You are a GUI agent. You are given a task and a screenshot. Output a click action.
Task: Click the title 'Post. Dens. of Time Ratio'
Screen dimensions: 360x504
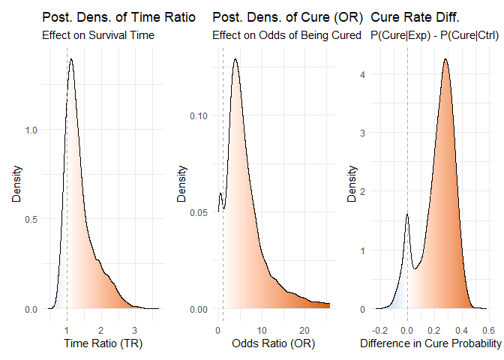click(119, 17)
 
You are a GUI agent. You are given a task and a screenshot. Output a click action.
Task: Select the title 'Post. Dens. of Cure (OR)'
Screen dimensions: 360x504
click(289, 17)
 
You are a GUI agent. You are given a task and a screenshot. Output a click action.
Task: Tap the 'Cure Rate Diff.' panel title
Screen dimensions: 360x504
click(415, 17)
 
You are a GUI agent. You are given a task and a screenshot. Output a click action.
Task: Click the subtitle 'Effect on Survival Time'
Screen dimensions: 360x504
click(97, 34)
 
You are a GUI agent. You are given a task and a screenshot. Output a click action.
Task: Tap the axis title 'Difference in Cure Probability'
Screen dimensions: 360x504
click(431, 343)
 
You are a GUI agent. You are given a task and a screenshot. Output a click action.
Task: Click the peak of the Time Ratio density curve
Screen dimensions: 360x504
click(70, 59)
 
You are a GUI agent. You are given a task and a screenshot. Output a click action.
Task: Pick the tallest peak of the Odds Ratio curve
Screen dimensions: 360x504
click(235, 59)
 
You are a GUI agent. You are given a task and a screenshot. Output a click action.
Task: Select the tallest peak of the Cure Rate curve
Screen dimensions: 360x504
click(445, 59)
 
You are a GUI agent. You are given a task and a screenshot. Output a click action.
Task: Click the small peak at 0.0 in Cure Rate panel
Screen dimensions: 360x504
click(406, 215)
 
